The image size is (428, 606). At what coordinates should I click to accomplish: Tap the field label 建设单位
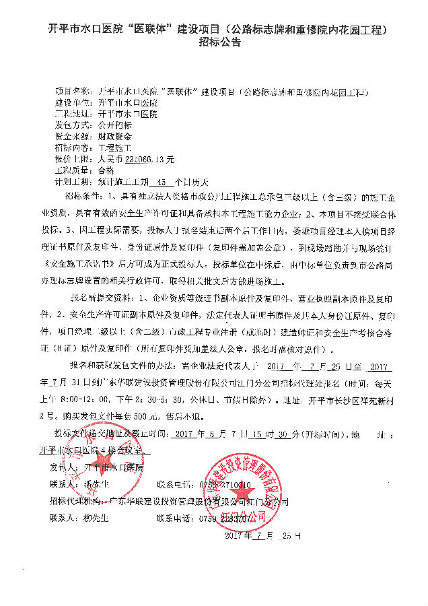71,103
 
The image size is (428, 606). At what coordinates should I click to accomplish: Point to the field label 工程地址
71,114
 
